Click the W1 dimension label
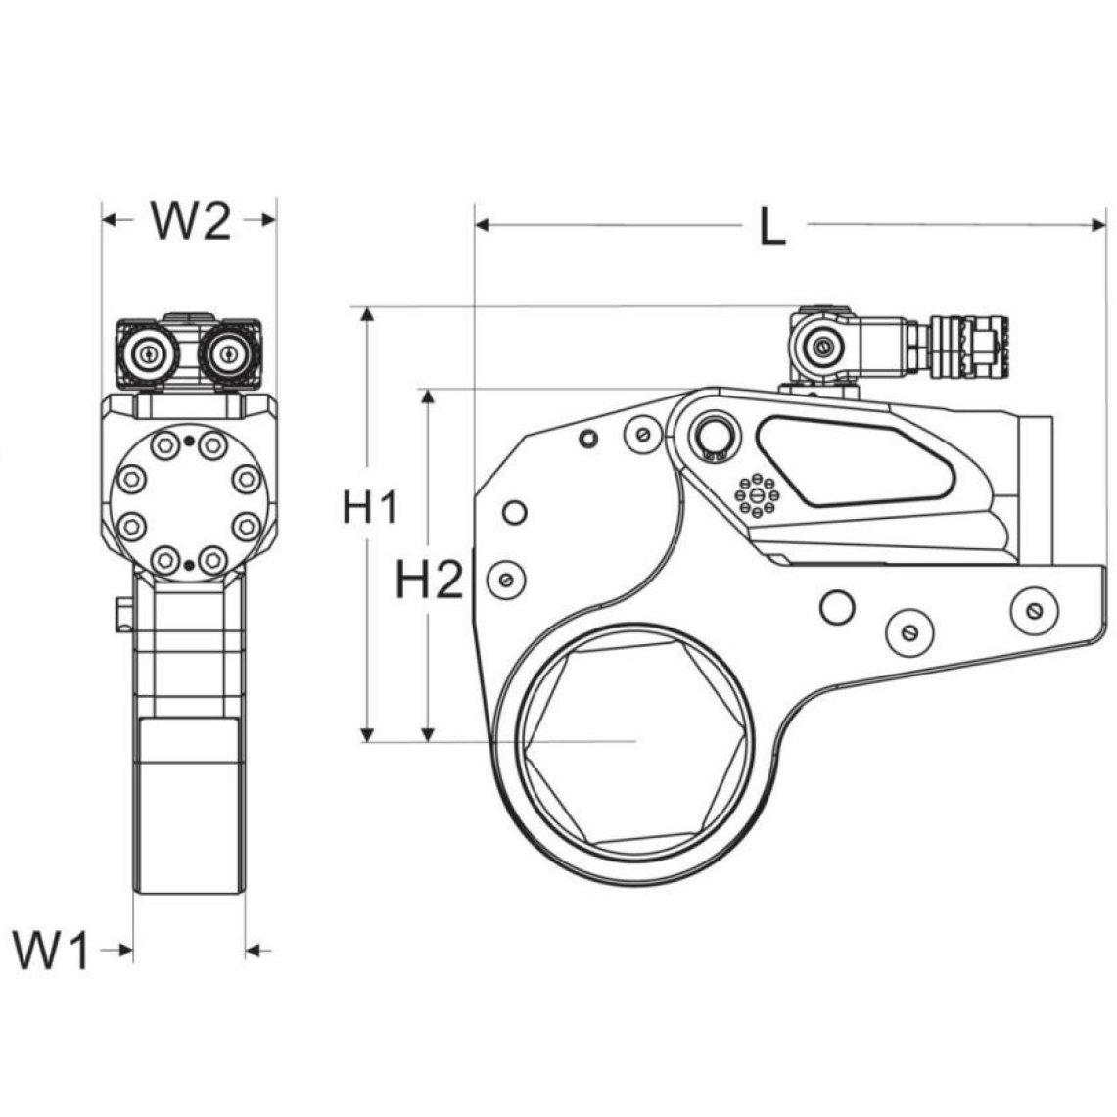coord(51,950)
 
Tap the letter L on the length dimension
coord(772,226)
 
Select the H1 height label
coord(370,507)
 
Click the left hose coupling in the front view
coord(149,352)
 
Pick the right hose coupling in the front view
coord(228,352)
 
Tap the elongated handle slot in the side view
coord(855,462)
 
